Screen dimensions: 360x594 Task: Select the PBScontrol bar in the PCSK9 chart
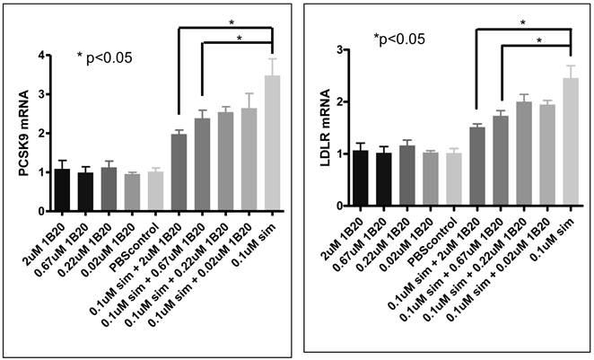tap(156, 191)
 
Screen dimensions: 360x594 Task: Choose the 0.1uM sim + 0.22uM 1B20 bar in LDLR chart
tap(522, 154)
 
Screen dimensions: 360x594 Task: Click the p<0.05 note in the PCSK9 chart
tap(109, 59)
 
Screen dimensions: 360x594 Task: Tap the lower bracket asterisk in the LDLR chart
tap(537, 40)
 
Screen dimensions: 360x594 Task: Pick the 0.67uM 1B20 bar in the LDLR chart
tap(387, 180)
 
